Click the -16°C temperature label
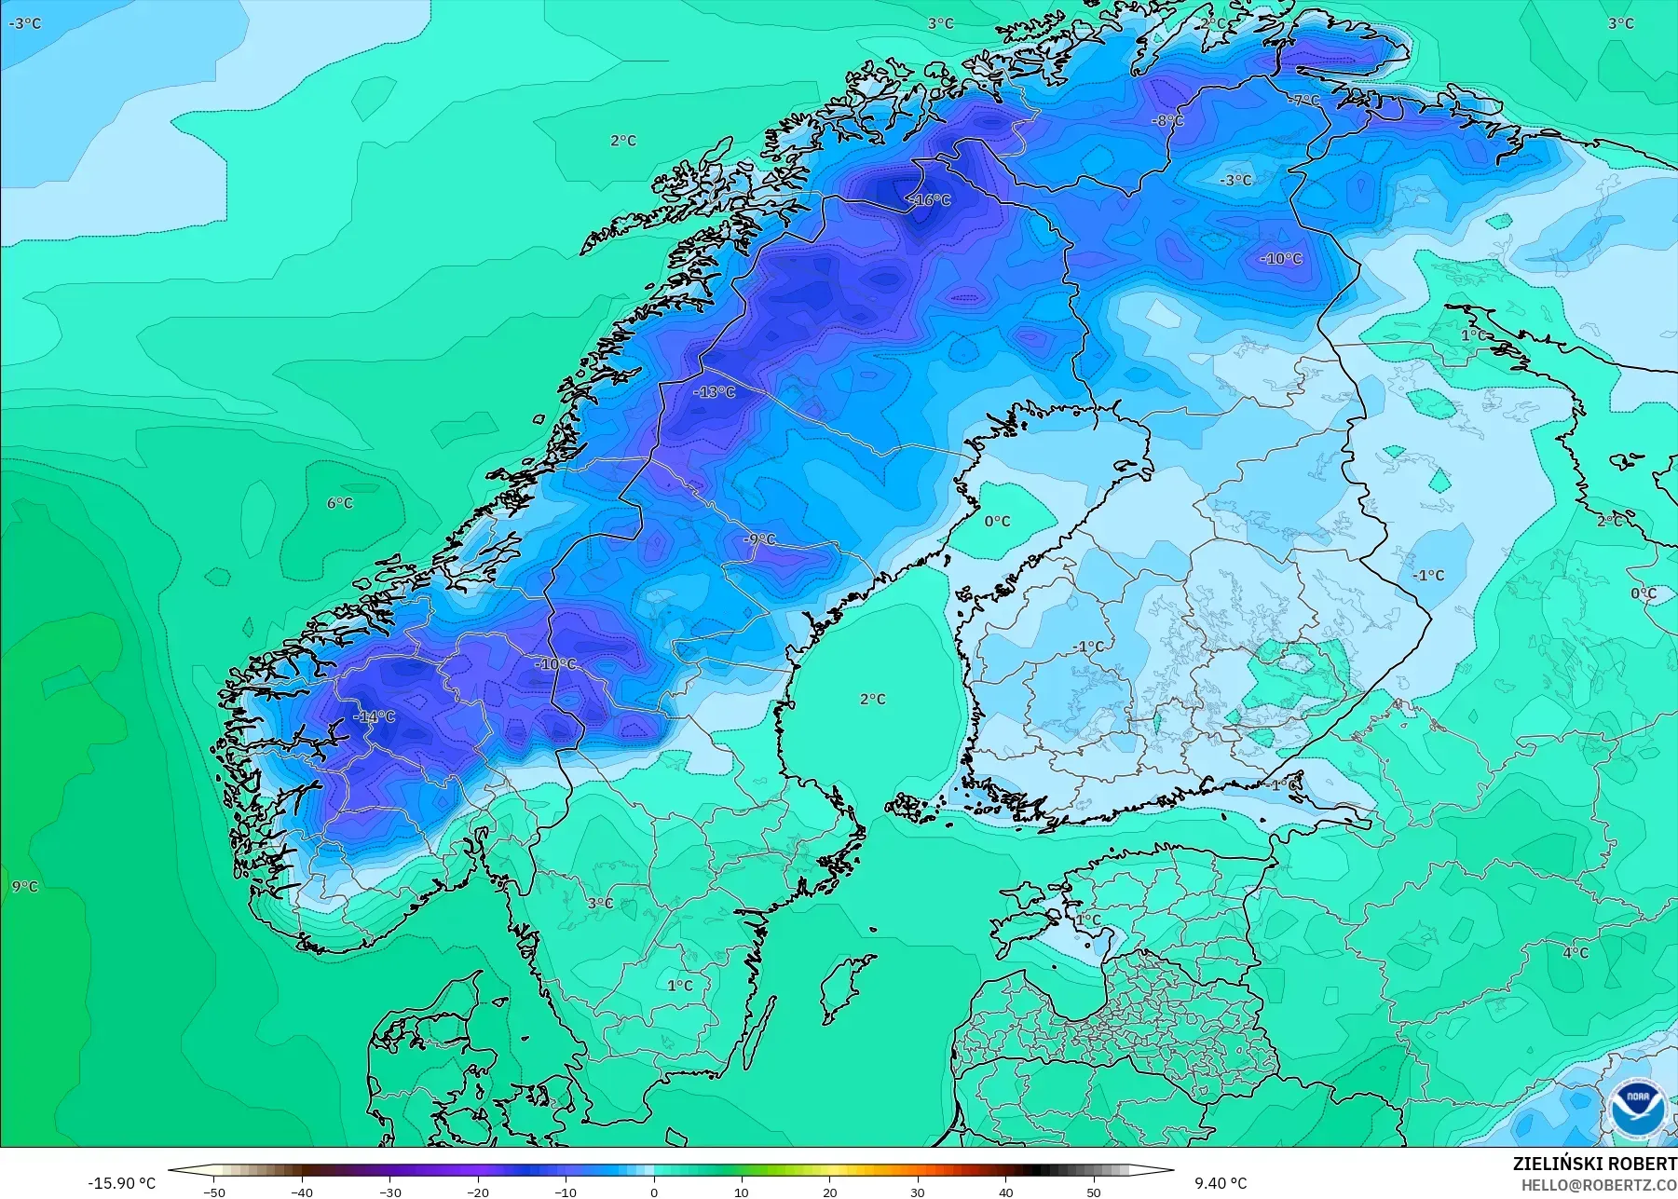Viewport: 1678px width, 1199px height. click(930, 200)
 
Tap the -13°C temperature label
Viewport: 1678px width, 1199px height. click(715, 392)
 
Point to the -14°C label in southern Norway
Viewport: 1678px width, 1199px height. click(374, 716)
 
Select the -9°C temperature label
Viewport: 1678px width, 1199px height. click(759, 539)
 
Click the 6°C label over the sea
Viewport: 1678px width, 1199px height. click(340, 503)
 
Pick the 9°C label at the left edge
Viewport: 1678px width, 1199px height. click(25, 886)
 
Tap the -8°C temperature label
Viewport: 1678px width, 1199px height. click(1166, 120)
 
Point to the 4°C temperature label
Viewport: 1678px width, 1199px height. click(1576, 952)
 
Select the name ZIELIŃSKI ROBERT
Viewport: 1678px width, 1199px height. click(1594, 1164)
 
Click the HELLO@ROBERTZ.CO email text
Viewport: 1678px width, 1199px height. click(1599, 1185)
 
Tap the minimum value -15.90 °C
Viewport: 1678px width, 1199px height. click(122, 1183)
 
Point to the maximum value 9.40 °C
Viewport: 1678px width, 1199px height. click(1221, 1183)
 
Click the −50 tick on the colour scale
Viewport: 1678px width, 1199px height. click(214, 1192)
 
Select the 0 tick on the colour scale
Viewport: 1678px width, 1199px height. click(654, 1192)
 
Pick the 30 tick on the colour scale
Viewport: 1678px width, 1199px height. click(918, 1192)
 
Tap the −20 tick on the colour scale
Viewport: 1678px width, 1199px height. click(478, 1192)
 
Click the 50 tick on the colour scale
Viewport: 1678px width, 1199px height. click(1094, 1192)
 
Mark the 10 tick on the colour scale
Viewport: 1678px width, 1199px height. click(742, 1192)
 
